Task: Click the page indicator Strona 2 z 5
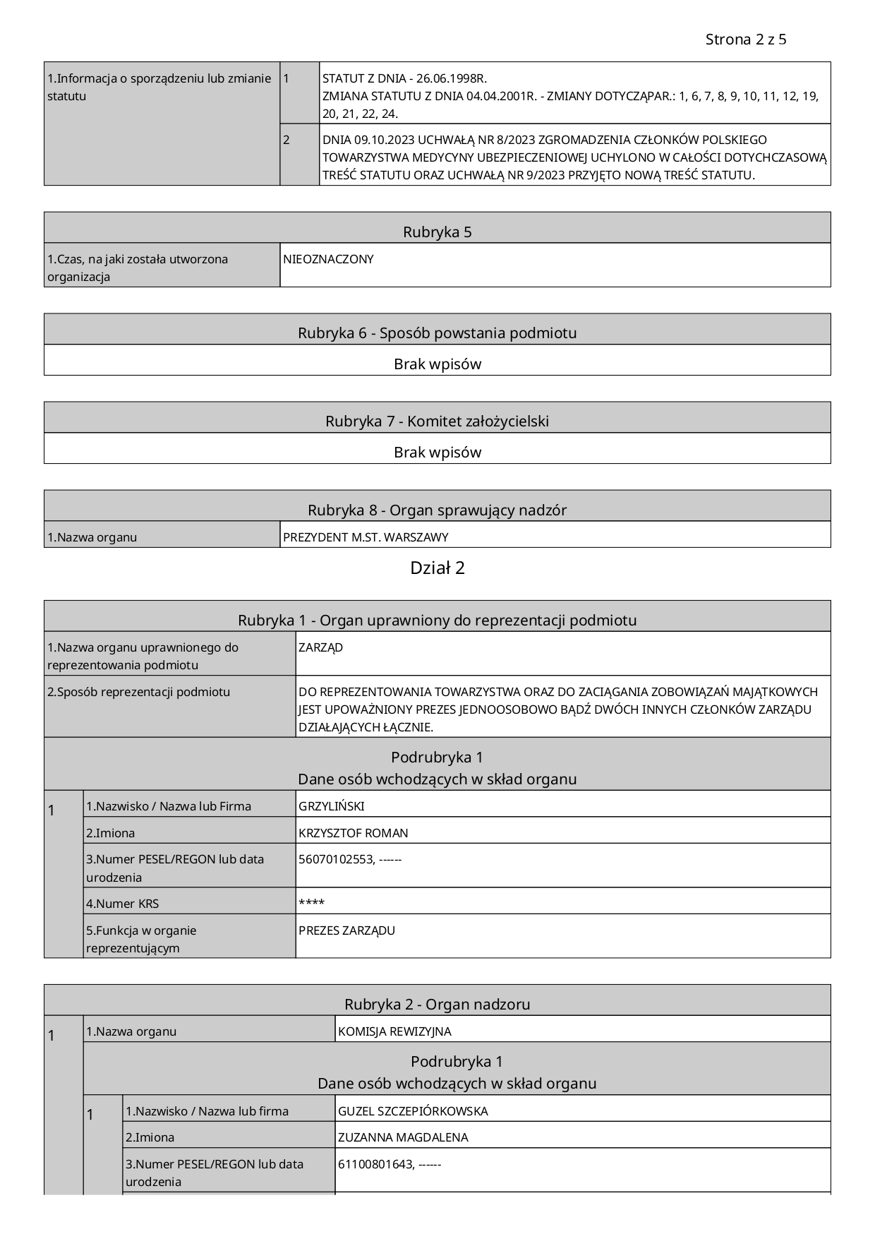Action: tap(745, 40)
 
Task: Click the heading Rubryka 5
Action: tap(437, 232)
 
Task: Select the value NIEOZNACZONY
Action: tap(328, 259)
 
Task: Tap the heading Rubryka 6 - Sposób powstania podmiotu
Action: tap(437, 333)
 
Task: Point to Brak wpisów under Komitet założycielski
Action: tap(437, 452)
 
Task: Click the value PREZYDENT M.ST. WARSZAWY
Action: tap(366, 537)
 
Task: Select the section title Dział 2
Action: tap(437, 568)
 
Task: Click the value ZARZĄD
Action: tap(320, 647)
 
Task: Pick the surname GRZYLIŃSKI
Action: tap(331, 806)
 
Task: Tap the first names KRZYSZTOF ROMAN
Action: tap(353, 833)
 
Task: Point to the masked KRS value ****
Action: tap(311, 903)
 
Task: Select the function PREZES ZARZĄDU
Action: tap(346, 930)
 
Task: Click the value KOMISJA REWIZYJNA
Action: tap(394, 1031)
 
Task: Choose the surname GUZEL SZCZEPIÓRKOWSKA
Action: tap(413, 1111)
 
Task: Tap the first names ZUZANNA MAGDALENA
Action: tap(403, 1137)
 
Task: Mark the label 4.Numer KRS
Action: tap(123, 904)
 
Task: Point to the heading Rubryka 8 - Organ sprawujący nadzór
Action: tap(437, 510)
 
